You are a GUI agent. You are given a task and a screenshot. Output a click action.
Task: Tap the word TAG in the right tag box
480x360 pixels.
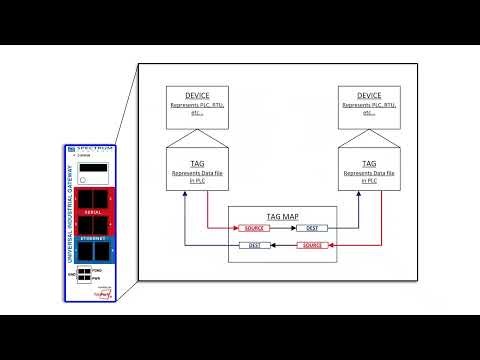(x=369, y=162)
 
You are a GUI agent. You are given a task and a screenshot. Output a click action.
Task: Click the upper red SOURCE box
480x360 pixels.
(x=253, y=228)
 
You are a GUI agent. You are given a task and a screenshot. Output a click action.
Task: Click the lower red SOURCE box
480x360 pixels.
(x=312, y=245)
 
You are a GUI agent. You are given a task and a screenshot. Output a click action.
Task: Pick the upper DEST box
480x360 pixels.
(x=311, y=228)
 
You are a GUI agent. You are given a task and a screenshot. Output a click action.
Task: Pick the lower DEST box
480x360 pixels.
(x=254, y=245)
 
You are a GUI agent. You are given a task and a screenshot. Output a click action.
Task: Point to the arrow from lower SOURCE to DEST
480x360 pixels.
(x=283, y=245)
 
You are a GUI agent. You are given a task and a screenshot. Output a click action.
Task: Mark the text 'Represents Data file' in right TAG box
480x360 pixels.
(x=369, y=173)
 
